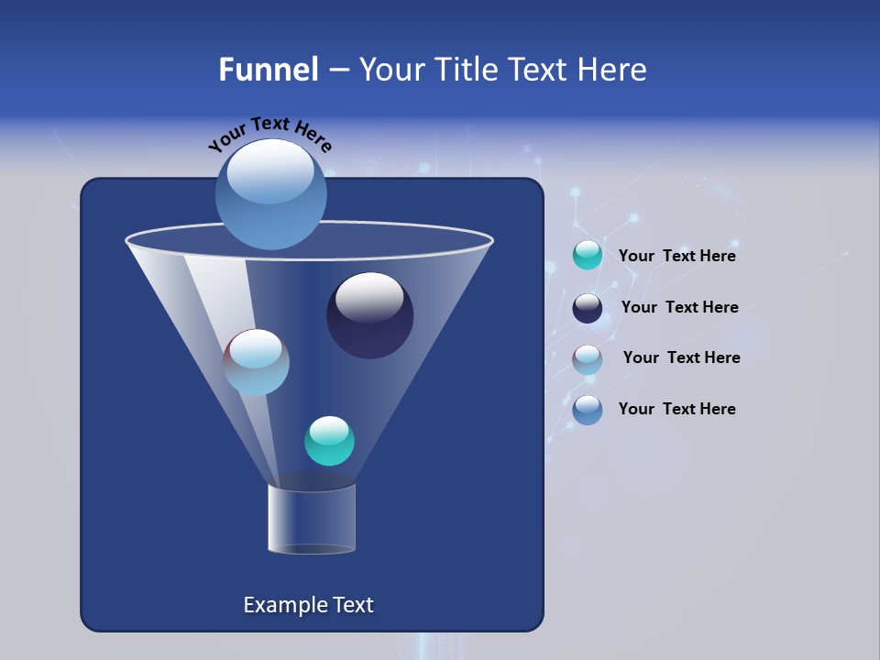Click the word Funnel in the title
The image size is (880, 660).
[268, 70]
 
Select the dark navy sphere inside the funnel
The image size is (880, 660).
[369, 316]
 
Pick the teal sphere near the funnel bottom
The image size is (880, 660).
[329, 441]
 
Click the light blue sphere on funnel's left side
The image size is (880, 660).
[257, 362]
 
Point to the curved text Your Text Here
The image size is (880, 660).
[269, 134]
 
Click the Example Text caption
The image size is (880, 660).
[308, 605]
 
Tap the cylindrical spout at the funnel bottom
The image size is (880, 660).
[312, 520]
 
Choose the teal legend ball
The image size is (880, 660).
[588, 256]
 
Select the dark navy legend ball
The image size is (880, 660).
[588, 308]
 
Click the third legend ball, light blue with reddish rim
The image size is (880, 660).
[588, 358]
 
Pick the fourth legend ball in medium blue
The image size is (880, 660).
[588, 410]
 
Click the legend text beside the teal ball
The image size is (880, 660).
[676, 257]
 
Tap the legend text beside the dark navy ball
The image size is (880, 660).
[679, 308]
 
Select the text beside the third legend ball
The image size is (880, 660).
[681, 358]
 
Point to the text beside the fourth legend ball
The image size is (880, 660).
[676, 410]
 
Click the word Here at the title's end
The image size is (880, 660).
[613, 70]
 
